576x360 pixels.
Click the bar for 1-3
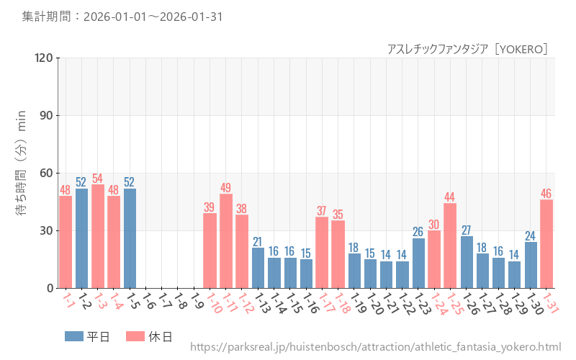click(x=98, y=236)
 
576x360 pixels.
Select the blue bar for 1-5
click(x=130, y=238)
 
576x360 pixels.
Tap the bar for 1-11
click(x=226, y=241)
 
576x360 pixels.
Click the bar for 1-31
click(x=546, y=244)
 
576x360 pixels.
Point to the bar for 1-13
click(x=258, y=268)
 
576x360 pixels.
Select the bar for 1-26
click(x=467, y=262)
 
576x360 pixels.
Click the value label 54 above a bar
click(x=98, y=178)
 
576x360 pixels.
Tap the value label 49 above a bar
click(x=226, y=188)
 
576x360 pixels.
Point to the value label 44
click(x=450, y=197)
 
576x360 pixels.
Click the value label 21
click(x=258, y=241)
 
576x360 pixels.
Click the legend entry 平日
click(x=86, y=336)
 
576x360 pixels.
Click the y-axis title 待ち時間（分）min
click(x=22, y=173)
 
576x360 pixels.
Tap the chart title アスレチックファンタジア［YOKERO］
click(x=468, y=48)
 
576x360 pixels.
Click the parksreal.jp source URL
click(x=375, y=347)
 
